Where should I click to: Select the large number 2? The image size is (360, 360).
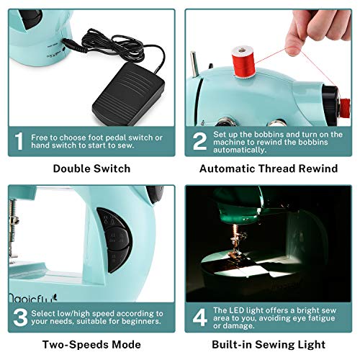click(x=199, y=142)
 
